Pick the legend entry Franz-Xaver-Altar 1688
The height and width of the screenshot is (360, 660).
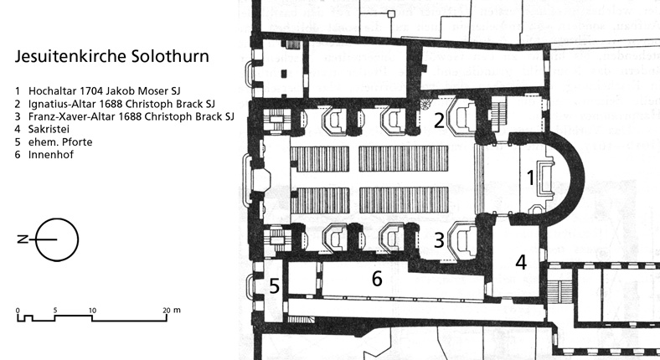pos(121,116)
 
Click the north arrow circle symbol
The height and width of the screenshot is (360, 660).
pos(58,239)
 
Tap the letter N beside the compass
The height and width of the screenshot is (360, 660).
pos(19,239)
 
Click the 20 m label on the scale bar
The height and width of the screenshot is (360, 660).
pos(171,311)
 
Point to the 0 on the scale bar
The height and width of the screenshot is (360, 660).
pos(18,311)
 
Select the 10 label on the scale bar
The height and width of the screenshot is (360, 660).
pos(92,311)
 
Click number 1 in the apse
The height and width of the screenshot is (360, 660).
pos(529,177)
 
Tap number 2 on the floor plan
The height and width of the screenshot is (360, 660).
pos(438,121)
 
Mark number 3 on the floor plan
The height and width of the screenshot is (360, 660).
pos(438,241)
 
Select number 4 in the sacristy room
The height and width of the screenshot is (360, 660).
pos(520,262)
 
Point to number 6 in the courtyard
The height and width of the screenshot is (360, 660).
pos(377,279)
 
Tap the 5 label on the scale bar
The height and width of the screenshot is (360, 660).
pos(55,311)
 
